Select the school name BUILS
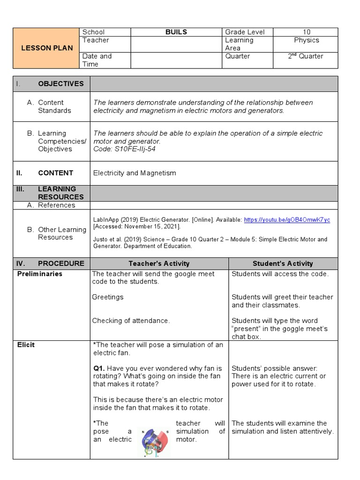pyautogui.click(x=176, y=32)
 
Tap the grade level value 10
pyautogui.click(x=306, y=32)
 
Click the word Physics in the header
pyautogui.click(x=306, y=40)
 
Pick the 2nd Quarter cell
pyautogui.click(x=306, y=56)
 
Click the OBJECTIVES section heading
pyautogui.click(x=60, y=83)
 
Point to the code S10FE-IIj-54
pyautogui.click(x=124, y=149)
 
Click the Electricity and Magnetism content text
pyautogui.click(x=135, y=173)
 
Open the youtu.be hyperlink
pyautogui.click(x=287, y=219)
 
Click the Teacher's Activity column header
pyautogui.click(x=159, y=263)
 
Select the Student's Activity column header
pyautogui.click(x=283, y=263)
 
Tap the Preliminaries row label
pyautogui.click(x=40, y=274)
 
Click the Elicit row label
pyautogui.click(x=26, y=345)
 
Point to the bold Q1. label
pyautogui.click(x=99, y=368)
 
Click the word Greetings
pyautogui.click(x=108, y=297)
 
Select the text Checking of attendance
pyautogui.click(x=131, y=321)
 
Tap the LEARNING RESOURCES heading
pyautogui.click(x=60, y=193)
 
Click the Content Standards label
pyautogui.click(x=54, y=106)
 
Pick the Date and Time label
pyautogui.click(x=97, y=60)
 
